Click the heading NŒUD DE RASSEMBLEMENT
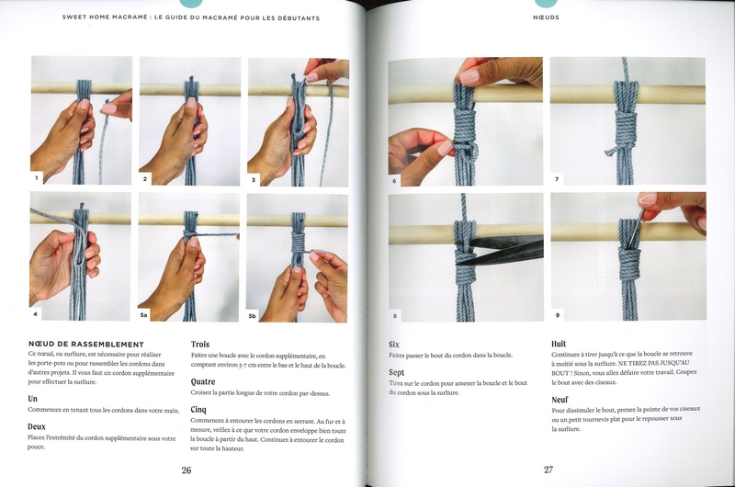pyautogui.click(x=86, y=344)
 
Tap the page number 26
pyautogui.click(x=187, y=470)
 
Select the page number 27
pyautogui.click(x=548, y=470)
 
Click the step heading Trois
pyautogui.click(x=200, y=344)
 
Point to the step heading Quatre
pyautogui.click(x=203, y=381)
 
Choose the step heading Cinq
pyautogui.click(x=198, y=410)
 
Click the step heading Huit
pyautogui.click(x=559, y=344)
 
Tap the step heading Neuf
pyautogui.click(x=560, y=400)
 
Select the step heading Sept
pyautogui.click(x=396, y=373)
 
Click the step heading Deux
pyautogui.click(x=37, y=426)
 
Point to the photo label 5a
pyautogui.click(x=144, y=315)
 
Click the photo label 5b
pyautogui.click(x=252, y=316)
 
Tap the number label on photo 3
pyautogui.click(x=254, y=179)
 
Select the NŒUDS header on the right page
pyautogui.click(x=546, y=17)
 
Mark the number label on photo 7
pyautogui.click(x=557, y=179)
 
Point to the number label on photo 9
pyautogui.click(x=558, y=315)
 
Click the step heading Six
pyautogui.click(x=394, y=345)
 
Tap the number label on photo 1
pyautogui.click(x=37, y=178)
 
